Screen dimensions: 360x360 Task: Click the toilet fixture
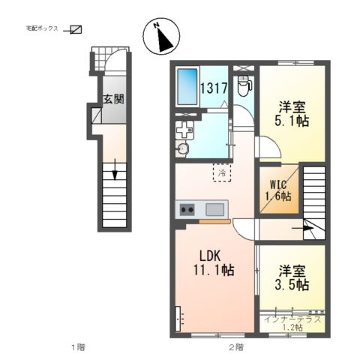[x=244, y=86]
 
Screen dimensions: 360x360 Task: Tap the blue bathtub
[x=187, y=87]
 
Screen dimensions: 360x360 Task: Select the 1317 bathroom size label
[x=214, y=88]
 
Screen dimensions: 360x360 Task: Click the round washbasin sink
[x=181, y=148]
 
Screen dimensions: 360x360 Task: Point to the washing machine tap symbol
[x=184, y=130]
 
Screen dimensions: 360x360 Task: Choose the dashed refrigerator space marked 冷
[x=222, y=172]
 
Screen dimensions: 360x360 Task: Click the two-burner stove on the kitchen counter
[x=187, y=209]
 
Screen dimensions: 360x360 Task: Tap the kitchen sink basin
[x=214, y=209]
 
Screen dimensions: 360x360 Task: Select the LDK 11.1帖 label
[x=214, y=263]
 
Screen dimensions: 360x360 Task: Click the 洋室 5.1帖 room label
[x=292, y=114]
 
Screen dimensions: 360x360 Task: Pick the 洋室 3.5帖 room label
[x=292, y=278]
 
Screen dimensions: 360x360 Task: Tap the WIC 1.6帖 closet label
[x=278, y=190]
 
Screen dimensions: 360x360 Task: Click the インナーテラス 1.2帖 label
[x=292, y=323]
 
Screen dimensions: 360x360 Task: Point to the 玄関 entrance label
[x=114, y=99]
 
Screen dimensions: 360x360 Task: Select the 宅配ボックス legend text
[x=42, y=28]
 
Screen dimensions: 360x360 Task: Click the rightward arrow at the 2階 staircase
[x=303, y=228]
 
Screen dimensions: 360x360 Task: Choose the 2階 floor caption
[x=236, y=347]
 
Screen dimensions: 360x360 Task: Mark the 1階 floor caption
[x=78, y=347]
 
